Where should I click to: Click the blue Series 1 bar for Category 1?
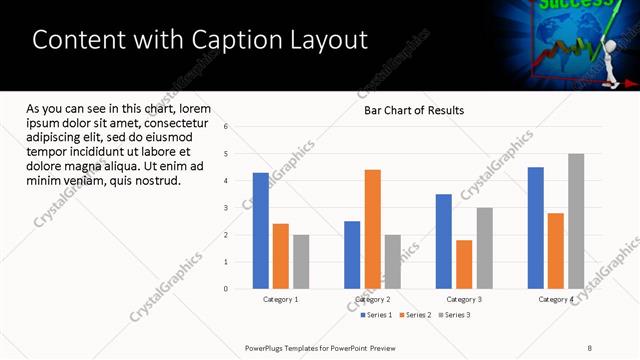click(x=261, y=230)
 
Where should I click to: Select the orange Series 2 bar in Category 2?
click(x=372, y=229)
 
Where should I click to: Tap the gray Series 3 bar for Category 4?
click(x=576, y=221)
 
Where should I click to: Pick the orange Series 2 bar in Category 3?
click(x=464, y=264)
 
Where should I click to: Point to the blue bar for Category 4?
click(x=536, y=228)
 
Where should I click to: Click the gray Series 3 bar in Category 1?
click(x=301, y=262)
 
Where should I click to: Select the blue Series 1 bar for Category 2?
click(x=352, y=255)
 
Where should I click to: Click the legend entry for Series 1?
click(x=376, y=315)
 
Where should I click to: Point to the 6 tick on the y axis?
click(x=226, y=127)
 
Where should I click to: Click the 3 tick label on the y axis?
click(x=226, y=208)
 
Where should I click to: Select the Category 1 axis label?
click(x=281, y=299)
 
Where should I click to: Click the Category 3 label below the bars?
click(x=464, y=299)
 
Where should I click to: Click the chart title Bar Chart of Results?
click(x=413, y=110)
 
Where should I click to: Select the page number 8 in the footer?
click(x=590, y=348)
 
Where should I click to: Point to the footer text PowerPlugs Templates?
click(x=290, y=348)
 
